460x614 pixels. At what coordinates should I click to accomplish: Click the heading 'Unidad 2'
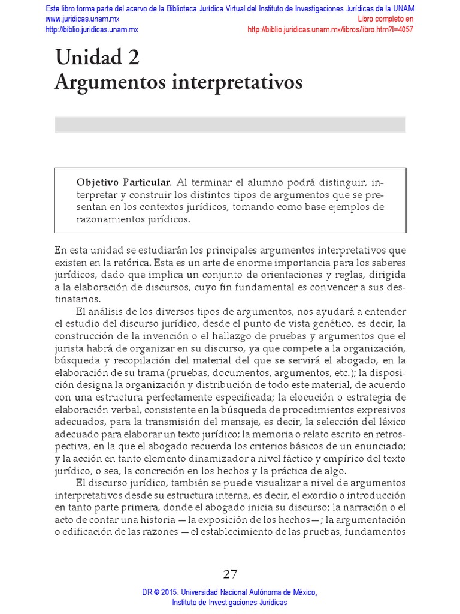(97, 58)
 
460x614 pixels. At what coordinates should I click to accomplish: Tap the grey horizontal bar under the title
(230, 124)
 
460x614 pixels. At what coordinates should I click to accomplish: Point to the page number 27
(230, 574)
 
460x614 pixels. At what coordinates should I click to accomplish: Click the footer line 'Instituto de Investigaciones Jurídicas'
(230, 602)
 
